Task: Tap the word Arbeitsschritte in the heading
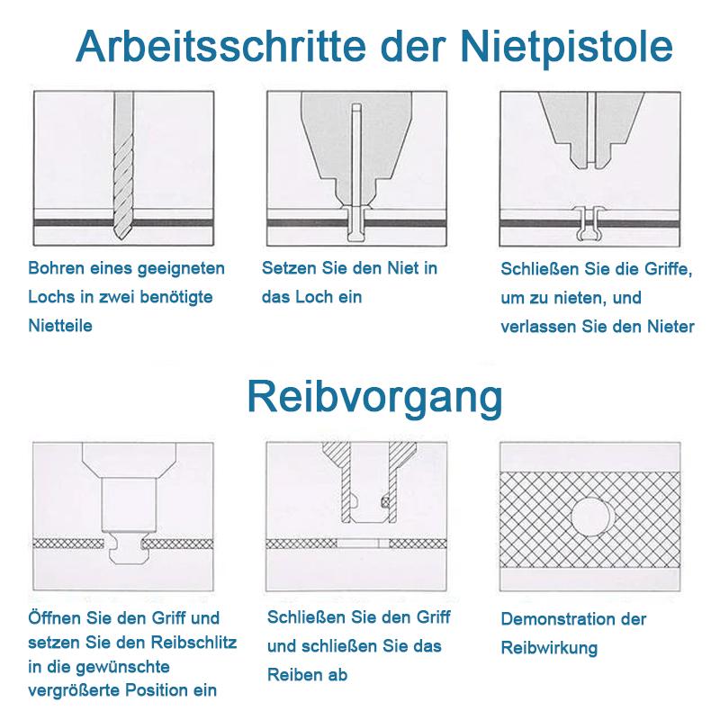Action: click(x=209, y=45)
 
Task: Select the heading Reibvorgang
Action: click(x=374, y=396)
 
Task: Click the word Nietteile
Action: click(x=60, y=326)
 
